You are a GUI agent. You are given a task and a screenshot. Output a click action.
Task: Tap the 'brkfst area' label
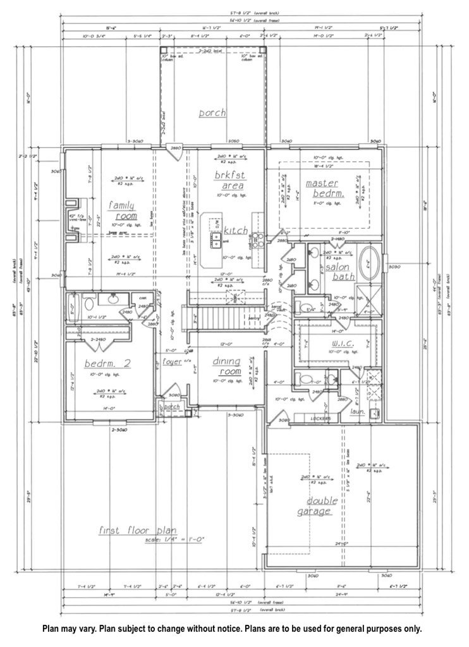coord(229,180)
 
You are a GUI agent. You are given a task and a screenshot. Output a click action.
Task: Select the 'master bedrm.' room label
coord(324,189)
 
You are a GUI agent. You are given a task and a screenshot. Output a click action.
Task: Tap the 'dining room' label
coord(226,366)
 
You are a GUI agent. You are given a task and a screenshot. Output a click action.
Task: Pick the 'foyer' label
coord(173,362)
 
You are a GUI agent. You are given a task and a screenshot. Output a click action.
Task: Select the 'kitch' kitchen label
coord(235,231)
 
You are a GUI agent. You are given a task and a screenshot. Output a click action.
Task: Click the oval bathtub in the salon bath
coord(370,262)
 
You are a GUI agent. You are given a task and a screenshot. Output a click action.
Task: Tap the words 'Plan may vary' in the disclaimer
coord(70,629)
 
